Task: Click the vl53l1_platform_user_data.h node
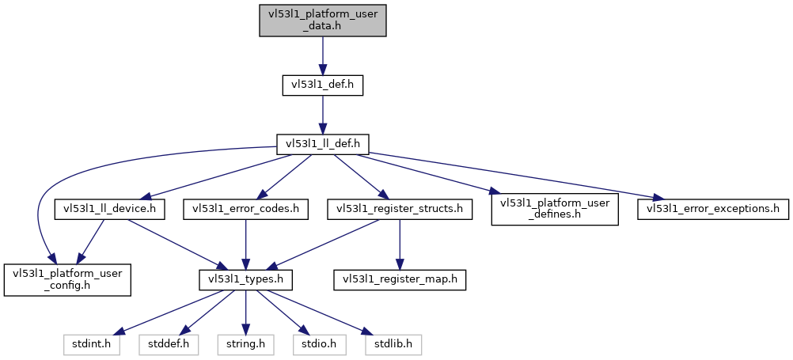point(322,19)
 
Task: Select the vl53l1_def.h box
point(322,85)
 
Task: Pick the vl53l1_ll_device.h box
point(109,209)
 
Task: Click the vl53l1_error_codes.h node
point(245,209)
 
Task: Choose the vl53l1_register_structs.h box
point(400,209)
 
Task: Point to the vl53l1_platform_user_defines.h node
point(554,209)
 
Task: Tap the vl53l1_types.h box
point(245,280)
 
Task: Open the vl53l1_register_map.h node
point(400,280)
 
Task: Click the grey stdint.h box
point(91,345)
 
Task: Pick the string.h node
point(245,345)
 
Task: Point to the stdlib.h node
point(393,345)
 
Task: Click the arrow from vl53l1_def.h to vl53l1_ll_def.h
point(322,115)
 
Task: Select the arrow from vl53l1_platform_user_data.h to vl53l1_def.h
point(322,55)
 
